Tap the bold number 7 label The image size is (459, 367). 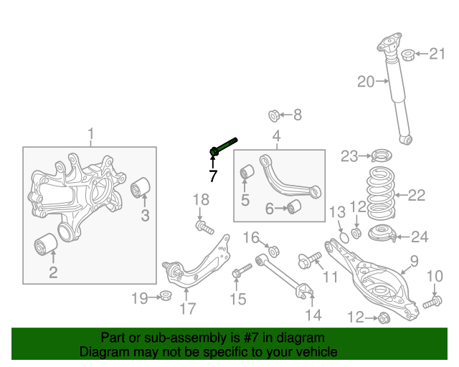tap(212, 175)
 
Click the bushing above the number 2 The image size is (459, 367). tap(47, 245)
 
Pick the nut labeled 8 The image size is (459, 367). tap(274, 115)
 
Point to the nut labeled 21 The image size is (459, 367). tap(407, 54)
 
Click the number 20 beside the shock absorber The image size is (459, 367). tap(366, 82)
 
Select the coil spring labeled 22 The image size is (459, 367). tap(380, 194)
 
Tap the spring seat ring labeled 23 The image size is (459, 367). tap(380, 156)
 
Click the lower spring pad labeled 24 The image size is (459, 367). tap(380, 233)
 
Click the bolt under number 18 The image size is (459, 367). tap(204, 228)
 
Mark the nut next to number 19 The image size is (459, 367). tap(166, 295)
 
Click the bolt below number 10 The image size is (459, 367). tap(431, 304)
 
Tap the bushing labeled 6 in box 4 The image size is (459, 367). tap(293, 208)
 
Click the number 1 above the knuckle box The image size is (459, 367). tap(90, 133)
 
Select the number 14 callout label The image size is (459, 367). tap(313, 314)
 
